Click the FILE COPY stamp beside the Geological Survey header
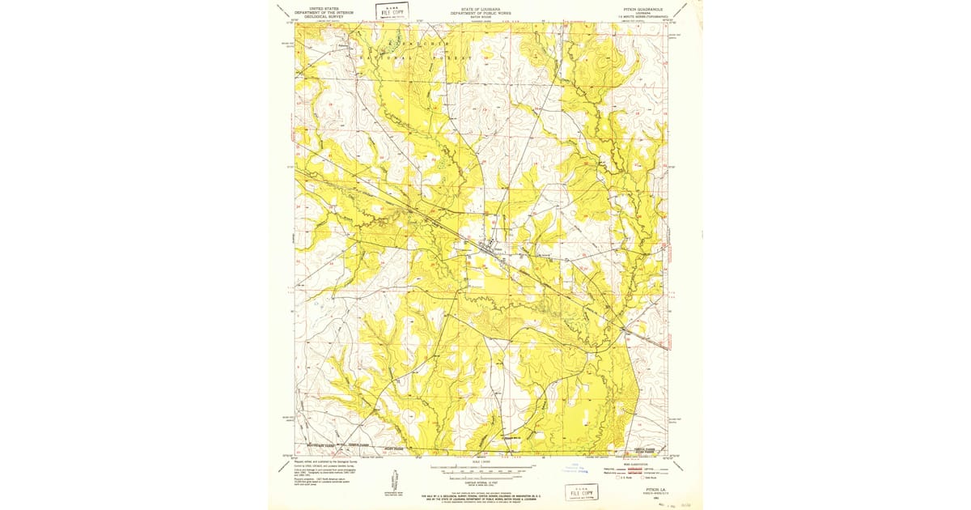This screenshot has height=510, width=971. [392, 11]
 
